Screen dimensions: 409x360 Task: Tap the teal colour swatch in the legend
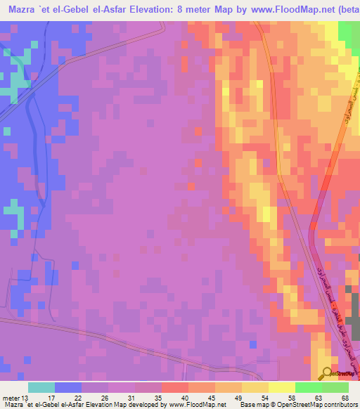coord(41,387)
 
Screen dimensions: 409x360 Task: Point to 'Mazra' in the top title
coord(22,10)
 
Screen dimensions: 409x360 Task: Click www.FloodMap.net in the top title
coord(290,10)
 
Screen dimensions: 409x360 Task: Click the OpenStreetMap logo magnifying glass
coord(326,373)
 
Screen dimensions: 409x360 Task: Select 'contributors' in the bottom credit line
coord(338,405)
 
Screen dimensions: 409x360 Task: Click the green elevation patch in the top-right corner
coord(349,33)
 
